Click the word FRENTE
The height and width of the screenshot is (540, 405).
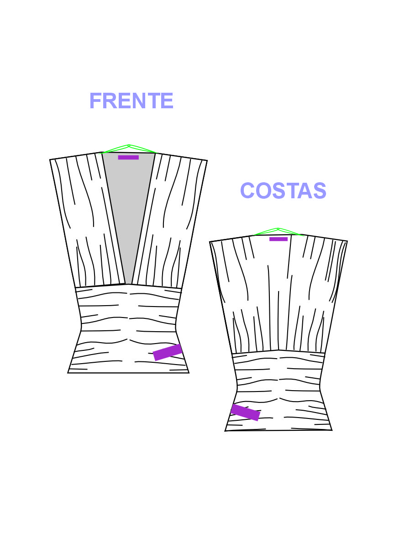click(131, 101)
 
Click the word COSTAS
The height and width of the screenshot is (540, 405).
click(283, 191)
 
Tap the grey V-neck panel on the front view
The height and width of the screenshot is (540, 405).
click(129, 206)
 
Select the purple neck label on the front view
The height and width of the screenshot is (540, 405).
click(128, 158)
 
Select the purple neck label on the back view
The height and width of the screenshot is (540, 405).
click(279, 239)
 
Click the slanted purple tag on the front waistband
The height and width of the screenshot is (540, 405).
click(168, 352)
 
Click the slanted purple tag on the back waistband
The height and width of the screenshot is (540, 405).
click(245, 412)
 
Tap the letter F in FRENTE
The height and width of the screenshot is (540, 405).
click(95, 101)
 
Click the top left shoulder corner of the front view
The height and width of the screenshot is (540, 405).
click(50, 159)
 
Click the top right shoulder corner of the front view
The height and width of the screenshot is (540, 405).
click(207, 160)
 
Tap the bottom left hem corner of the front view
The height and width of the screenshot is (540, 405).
click(68, 373)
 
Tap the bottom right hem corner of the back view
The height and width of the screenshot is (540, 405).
click(331, 430)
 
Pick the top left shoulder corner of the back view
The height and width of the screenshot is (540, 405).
click(210, 242)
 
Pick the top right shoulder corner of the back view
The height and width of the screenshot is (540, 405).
click(347, 241)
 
